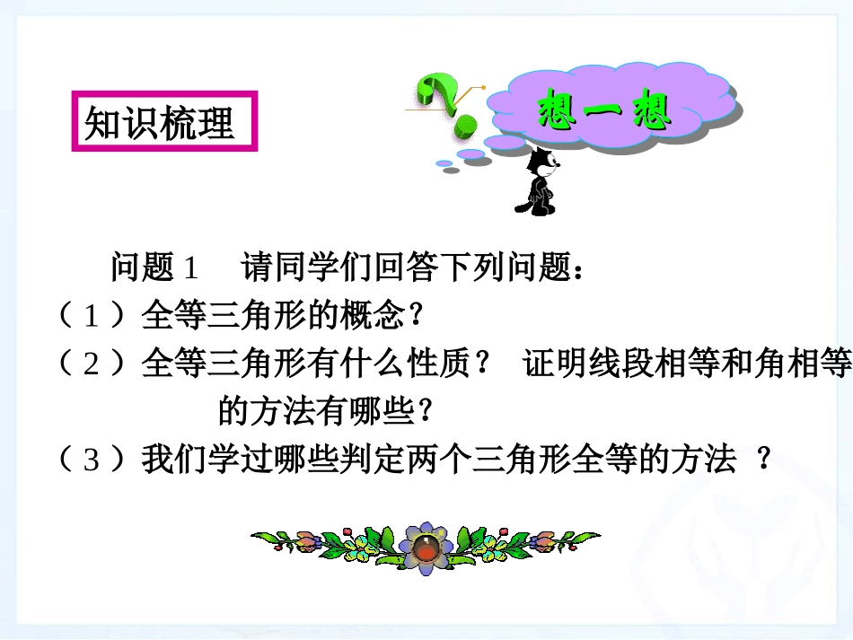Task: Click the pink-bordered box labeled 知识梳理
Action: click(164, 122)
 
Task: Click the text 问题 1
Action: click(154, 267)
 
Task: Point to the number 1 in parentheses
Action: click(92, 315)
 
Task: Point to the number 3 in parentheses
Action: click(92, 460)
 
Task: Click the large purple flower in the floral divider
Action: click(426, 546)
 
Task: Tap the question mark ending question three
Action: click(764, 460)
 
